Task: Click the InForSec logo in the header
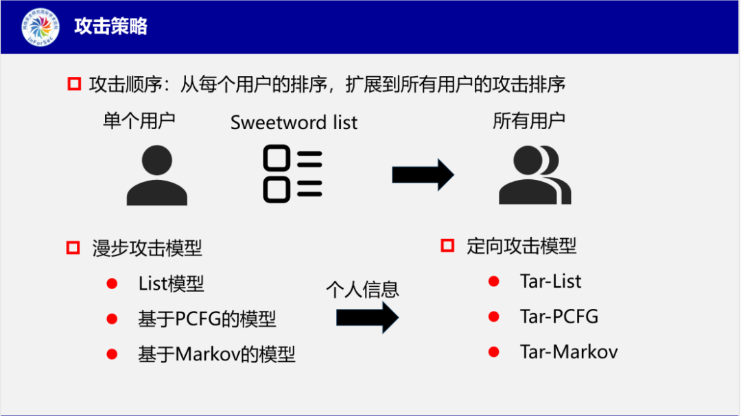tap(40, 27)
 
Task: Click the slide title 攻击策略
tap(111, 27)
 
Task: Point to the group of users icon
tap(534, 176)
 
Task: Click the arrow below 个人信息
tap(367, 318)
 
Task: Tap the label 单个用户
tap(139, 121)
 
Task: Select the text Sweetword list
tap(294, 123)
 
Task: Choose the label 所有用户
tap(529, 121)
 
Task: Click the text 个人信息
tap(362, 289)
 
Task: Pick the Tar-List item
tap(550, 281)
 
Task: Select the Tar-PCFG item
tap(558, 316)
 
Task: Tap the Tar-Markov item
tap(569, 352)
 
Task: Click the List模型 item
tap(171, 284)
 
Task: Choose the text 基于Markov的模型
tap(216, 354)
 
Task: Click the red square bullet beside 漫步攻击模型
tap(73, 247)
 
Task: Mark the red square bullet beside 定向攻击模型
tap(447, 245)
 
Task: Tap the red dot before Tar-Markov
tap(493, 352)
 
